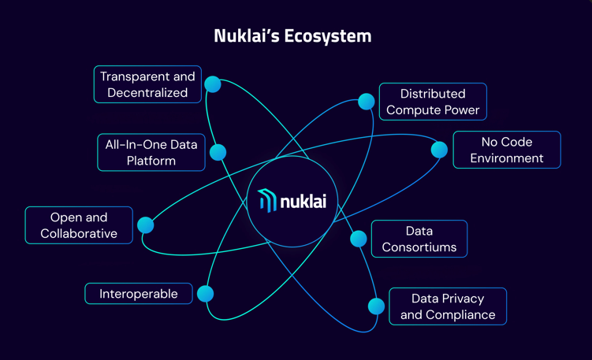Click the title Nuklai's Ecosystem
tap(292, 36)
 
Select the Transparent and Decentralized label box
tap(147, 84)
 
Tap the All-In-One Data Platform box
tap(151, 152)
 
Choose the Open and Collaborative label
tap(79, 225)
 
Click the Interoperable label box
tap(139, 294)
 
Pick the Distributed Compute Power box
tap(433, 102)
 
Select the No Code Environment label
tap(506, 150)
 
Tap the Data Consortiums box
tap(419, 239)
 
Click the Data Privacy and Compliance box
tap(447, 306)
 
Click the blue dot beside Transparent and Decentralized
tap(212, 84)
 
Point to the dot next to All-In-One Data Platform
tap(218, 152)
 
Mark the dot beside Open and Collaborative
tap(145, 225)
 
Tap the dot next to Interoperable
tap(205, 294)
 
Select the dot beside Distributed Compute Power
tap(366, 102)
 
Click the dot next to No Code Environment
tap(439, 150)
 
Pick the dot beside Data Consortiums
tap(358, 238)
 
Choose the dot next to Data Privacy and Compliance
tap(376, 306)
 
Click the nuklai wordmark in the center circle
tap(303, 201)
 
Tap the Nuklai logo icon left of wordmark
tap(267, 201)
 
